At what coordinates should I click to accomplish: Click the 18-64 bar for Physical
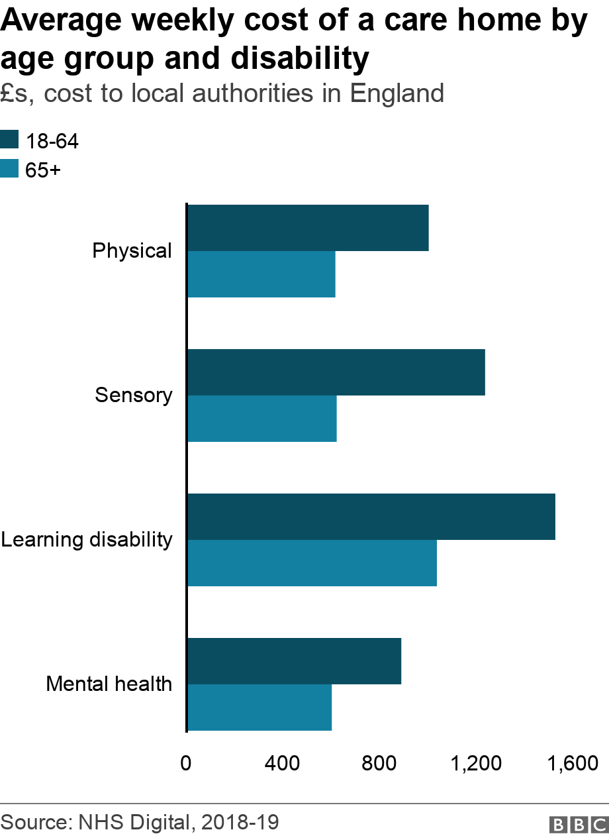[x=308, y=228]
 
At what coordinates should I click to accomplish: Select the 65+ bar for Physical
[x=261, y=274]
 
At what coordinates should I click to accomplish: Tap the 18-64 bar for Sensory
[x=336, y=372]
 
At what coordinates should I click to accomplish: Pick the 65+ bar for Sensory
[x=262, y=419]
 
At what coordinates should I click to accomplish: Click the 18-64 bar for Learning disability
[x=371, y=517]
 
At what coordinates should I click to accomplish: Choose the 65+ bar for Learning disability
[x=312, y=563]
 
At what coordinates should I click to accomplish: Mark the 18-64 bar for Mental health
[x=295, y=661]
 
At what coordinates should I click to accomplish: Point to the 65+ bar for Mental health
[x=259, y=708]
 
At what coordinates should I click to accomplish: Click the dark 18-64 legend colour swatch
[x=9, y=140]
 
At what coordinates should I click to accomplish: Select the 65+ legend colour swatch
[x=9, y=170]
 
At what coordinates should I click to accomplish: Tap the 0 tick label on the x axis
[x=186, y=763]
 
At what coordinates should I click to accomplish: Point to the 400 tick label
[x=283, y=763]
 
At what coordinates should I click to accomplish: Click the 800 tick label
[x=379, y=763]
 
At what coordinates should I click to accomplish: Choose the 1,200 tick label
[x=475, y=763]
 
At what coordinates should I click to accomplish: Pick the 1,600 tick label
[x=573, y=763]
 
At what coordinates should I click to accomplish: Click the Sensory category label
[x=134, y=395]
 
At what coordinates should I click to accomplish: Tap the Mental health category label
[x=109, y=684]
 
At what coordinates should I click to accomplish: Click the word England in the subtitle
[x=397, y=93]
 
